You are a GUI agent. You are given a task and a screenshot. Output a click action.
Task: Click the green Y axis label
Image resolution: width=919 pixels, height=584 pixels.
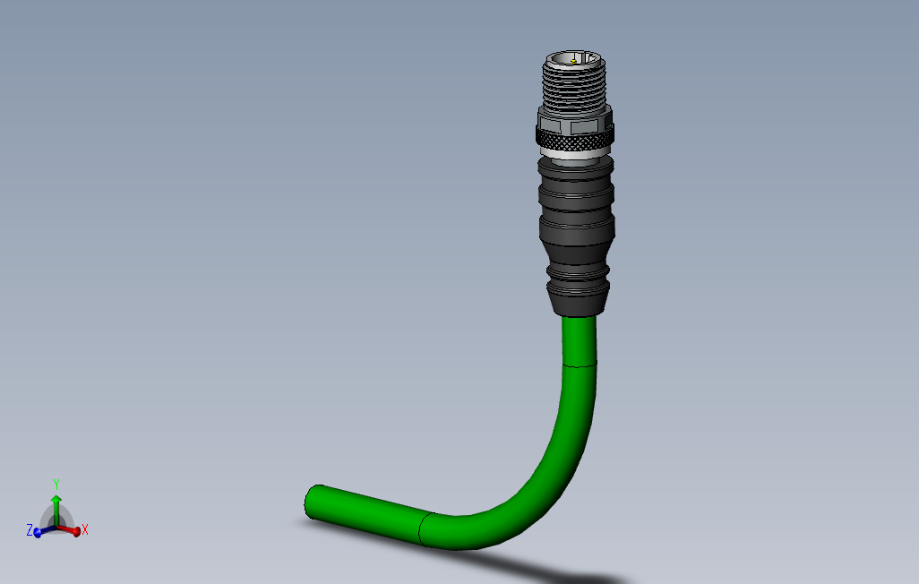coord(56,484)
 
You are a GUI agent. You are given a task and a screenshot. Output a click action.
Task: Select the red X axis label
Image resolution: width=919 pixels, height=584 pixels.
coord(85,530)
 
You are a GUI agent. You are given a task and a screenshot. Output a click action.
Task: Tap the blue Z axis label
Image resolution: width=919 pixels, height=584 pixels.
coord(29,530)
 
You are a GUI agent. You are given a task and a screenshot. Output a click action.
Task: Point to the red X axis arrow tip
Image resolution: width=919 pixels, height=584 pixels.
coord(76,531)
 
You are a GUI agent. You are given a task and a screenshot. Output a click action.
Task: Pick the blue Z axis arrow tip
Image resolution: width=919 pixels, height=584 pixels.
coord(37,532)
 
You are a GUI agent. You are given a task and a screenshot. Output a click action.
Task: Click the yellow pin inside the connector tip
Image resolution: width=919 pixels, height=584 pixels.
coord(573,62)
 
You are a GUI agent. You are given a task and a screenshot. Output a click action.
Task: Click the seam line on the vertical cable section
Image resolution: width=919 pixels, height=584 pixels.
coord(579,365)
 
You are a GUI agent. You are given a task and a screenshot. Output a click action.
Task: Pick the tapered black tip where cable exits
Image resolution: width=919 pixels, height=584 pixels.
coord(577,299)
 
